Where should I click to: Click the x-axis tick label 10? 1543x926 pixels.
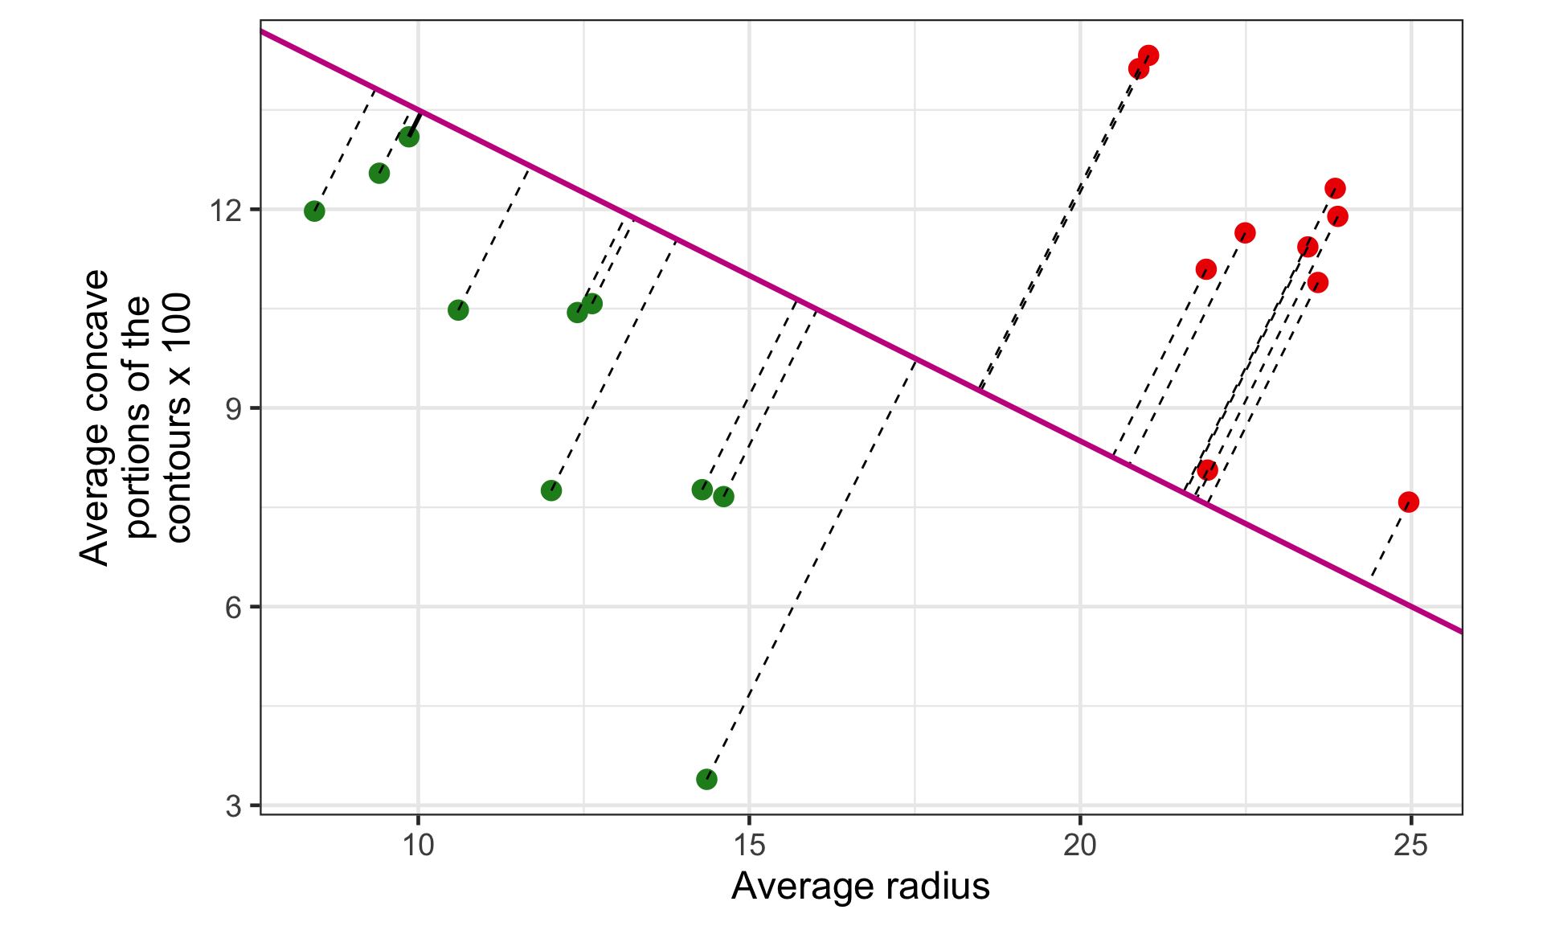tap(418, 846)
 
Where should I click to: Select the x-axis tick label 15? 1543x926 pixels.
tap(749, 846)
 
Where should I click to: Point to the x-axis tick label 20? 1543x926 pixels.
tap(1080, 846)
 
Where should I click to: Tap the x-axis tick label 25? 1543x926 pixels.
tap(1411, 846)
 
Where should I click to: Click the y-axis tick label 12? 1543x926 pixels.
tap(225, 211)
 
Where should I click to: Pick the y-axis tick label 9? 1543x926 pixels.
tap(233, 409)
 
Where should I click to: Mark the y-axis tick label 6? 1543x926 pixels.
tap(233, 608)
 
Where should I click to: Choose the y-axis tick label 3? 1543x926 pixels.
tap(233, 805)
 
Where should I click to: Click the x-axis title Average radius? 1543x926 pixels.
tap(861, 887)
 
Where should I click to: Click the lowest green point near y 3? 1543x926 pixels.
tap(706, 779)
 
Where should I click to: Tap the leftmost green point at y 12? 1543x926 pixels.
tap(314, 211)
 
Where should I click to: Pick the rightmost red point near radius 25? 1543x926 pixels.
tap(1408, 502)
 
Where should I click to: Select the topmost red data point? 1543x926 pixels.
tap(1148, 55)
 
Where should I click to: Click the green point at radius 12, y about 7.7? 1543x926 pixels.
tap(551, 490)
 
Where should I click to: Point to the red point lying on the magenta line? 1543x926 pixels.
tap(1207, 470)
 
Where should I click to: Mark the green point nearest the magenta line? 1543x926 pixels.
tap(409, 137)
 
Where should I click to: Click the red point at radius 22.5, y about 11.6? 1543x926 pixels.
tap(1245, 233)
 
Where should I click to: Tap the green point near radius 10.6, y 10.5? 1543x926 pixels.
tap(458, 310)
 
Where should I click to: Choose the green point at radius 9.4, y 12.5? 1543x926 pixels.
tap(379, 174)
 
